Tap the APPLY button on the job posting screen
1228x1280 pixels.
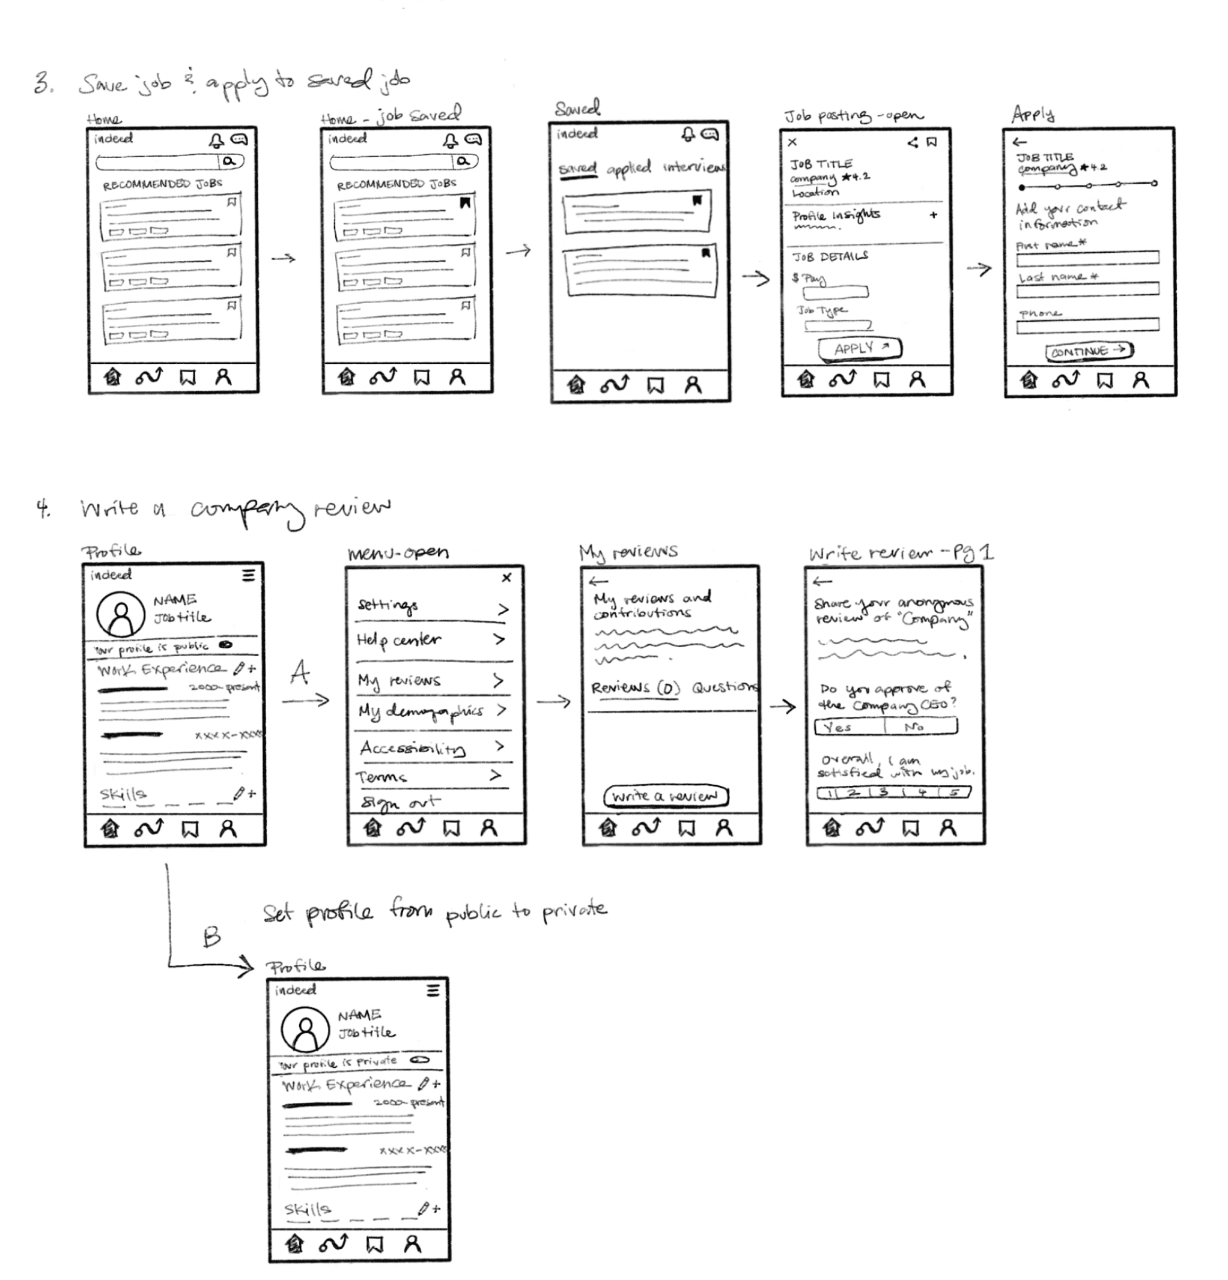859,349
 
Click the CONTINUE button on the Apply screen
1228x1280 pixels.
1088,351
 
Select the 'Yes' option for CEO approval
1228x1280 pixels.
848,726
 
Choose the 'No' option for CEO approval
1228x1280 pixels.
920,726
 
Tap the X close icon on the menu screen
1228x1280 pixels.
506,578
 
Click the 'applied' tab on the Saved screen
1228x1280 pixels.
628,169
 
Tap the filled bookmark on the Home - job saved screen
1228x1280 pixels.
464,203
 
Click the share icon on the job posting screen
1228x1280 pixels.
913,142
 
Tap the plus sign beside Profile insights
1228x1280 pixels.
933,215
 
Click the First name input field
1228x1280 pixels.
1087,258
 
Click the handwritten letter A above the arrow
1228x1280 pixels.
300,672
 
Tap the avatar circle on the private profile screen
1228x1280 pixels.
305,1029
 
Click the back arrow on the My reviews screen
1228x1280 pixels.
598,581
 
